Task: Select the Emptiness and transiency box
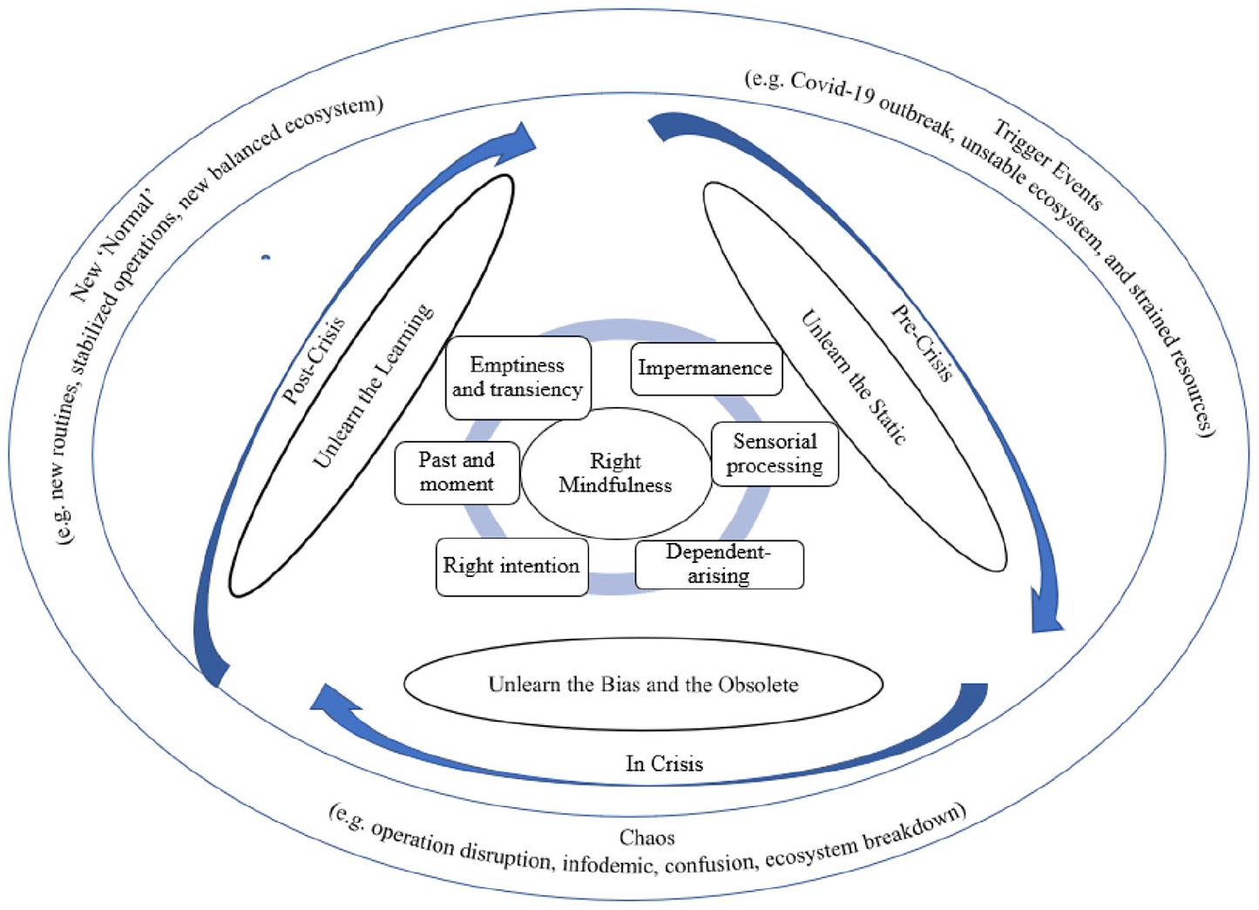pyautogui.click(x=518, y=378)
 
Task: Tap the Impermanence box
pyautogui.click(x=706, y=369)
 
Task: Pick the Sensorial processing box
pyautogui.click(x=775, y=454)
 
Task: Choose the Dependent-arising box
pyautogui.click(x=720, y=565)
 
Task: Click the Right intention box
pyautogui.click(x=512, y=567)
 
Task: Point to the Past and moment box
pyautogui.click(x=457, y=472)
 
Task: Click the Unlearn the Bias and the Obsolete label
pyautogui.click(x=643, y=684)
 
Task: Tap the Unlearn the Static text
pyautogui.click(x=853, y=378)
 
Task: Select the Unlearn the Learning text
pyautogui.click(x=373, y=386)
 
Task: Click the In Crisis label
pyautogui.click(x=664, y=764)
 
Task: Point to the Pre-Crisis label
pyautogui.click(x=923, y=343)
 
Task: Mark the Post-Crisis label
pyautogui.click(x=314, y=361)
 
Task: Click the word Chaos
pyautogui.click(x=646, y=838)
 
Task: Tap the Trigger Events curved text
pyautogui.click(x=1048, y=164)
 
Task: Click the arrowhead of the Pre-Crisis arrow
pyautogui.click(x=1046, y=613)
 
